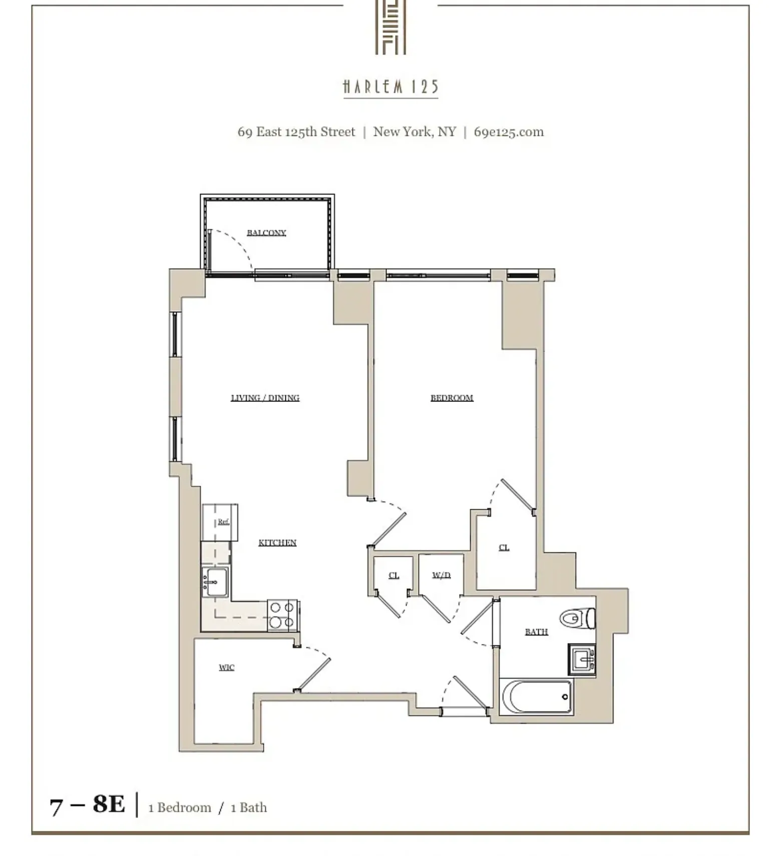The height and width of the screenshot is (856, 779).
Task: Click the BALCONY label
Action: point(266,233)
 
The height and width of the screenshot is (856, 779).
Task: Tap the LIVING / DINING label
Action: point(265,397)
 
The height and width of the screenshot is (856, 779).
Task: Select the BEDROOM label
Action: point(452,397)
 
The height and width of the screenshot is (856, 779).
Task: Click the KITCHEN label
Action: point(277,542)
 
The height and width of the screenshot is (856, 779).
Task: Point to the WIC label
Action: point(226,667)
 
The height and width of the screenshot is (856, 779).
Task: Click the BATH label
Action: point(536,631)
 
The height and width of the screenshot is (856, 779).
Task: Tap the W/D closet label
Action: point(441,575)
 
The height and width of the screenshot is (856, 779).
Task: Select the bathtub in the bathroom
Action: point(536,697)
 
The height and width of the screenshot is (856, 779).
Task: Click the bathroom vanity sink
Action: point(582,659)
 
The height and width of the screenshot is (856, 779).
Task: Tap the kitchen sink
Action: point(215,582)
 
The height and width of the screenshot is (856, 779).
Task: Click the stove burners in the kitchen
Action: point(282,615)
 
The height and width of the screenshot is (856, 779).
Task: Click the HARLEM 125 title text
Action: point(391,87)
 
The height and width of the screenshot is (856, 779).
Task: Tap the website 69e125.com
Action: point(508,132)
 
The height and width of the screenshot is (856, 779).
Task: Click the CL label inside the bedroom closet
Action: point(504,547)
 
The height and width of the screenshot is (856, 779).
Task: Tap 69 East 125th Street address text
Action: point(296,132)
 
